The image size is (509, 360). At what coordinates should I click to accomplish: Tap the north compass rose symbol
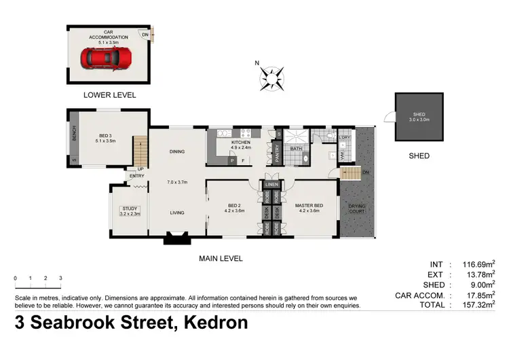click(x=271, y=77)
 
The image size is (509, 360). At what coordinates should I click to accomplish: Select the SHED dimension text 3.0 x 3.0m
click(x=419, y=120)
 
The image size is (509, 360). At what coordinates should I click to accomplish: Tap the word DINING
click(x=177, y=151)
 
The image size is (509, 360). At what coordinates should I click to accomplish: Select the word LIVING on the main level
click(x=177, y=213)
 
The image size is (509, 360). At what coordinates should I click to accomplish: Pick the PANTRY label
click(x=278, y=154)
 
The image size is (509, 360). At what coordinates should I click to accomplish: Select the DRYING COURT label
click(x=357, y=209)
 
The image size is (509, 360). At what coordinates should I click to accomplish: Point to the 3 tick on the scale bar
click(x=60, y=278)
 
